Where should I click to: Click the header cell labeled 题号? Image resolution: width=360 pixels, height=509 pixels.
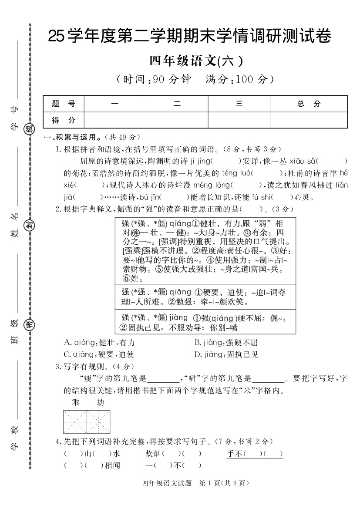tap(64, 104)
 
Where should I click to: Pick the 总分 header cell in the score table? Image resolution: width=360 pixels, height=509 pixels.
tap(309, 104)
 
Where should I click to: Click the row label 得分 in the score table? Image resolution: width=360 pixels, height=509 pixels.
tap(64, 120)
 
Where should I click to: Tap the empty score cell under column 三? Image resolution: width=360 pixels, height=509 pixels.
tap(239, 120)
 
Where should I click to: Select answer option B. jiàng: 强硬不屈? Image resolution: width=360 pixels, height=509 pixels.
tap(226, 343)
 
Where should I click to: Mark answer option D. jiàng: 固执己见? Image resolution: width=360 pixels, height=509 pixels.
tap(226, 354)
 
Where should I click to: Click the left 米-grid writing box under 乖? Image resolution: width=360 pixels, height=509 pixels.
tap(75, 421)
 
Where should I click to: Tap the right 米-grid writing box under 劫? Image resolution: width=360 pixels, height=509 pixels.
tap(98, 421)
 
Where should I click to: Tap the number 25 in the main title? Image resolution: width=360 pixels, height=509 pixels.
tap(56, 37)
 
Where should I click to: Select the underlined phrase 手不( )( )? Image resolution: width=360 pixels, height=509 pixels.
tap(255, 454)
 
